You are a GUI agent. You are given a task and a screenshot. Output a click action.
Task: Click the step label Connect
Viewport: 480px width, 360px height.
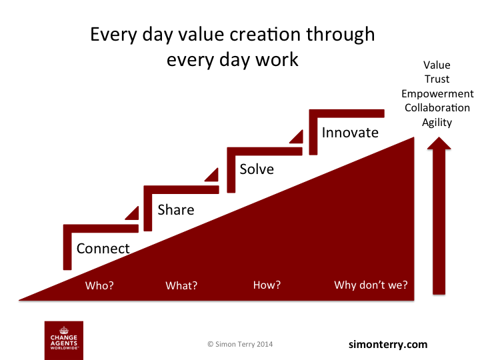point(103,249)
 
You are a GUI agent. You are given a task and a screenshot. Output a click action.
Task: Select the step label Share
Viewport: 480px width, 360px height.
point(176,210)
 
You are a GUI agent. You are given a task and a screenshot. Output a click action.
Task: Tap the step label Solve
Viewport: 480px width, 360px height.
point(257,169)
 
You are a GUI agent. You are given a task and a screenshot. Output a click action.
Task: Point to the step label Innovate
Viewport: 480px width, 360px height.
point(350,132)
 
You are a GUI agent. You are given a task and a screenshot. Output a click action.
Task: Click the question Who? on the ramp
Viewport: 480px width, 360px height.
point(99,285)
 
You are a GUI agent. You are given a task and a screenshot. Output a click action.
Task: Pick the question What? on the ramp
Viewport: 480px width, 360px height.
point(181,285)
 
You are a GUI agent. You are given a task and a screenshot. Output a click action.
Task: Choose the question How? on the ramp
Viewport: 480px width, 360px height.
point(267,285)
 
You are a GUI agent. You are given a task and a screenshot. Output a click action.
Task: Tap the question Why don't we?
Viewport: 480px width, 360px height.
point(371,285)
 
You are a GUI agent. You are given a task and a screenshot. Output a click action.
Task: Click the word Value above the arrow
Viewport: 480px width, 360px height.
point(437,65)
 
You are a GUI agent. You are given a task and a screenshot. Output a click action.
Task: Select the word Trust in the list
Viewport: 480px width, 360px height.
point(437,79)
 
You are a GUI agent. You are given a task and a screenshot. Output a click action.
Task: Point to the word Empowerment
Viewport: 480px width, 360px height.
point(437,93)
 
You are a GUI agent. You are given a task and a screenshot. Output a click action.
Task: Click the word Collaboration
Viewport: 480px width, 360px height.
point(437,107)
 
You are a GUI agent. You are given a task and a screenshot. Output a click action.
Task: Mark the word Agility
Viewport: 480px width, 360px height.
point(437,122)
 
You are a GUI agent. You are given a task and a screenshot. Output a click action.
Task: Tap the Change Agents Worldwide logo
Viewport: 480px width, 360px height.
point(63,339)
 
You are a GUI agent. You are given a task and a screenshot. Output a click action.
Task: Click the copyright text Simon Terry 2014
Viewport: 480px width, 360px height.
point(240,345)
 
